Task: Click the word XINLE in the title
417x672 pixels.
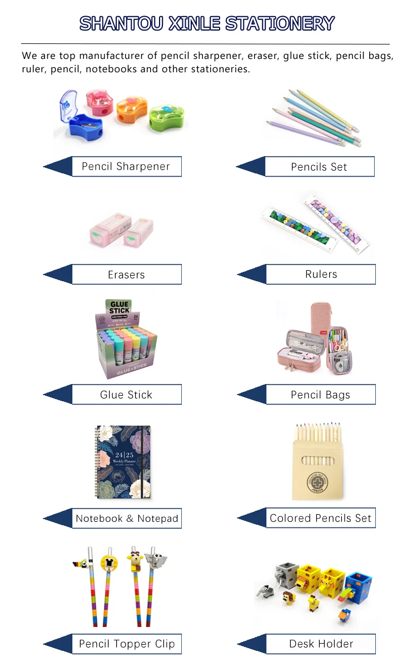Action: (x=194, y=23)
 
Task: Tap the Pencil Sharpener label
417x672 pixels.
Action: (x=126, y=167)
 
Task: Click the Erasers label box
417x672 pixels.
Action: (x=126, y=275)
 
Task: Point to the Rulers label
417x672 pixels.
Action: (x=321, y=274)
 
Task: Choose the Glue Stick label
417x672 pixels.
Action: (x=126, y=395)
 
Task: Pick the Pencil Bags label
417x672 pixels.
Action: (x=320, y=395)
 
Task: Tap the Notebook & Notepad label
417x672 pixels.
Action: (x=127, y=519)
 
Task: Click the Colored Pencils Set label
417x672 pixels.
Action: (x=320, y=518)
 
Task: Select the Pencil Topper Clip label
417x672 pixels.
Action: (x=127, y=644)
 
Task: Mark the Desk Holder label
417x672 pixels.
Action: (x=321, y=644)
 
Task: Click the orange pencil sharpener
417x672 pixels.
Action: (x=131, y=111)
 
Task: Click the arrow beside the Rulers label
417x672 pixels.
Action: (x=251, y=274)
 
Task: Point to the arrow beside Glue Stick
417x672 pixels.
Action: (x=58, y=395)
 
